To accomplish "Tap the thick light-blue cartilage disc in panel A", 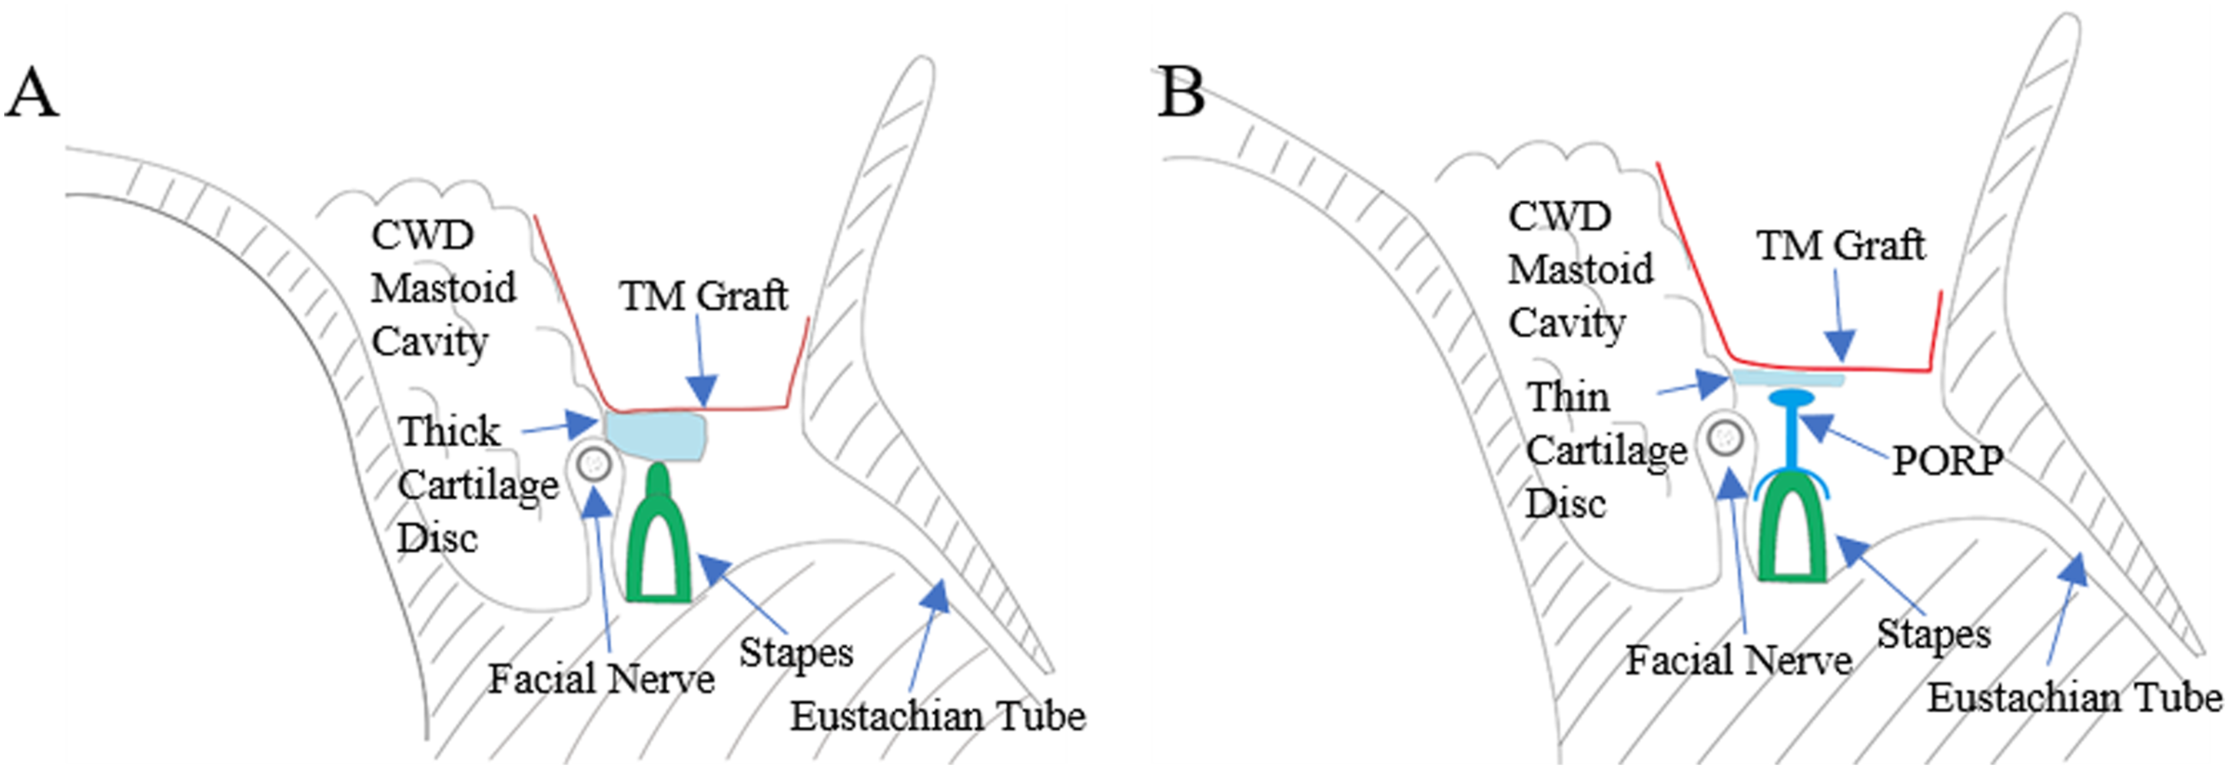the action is coord(656,436).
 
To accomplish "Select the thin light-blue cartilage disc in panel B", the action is coord(1788,378).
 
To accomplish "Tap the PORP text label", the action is coord(1947,460).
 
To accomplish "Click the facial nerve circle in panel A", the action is coord(594,465).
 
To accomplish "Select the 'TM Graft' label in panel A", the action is coord(703,296).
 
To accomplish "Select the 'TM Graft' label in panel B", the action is coord(1841,246).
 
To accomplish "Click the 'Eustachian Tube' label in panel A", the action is coord(938,716).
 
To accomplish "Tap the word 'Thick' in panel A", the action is coord(449,431).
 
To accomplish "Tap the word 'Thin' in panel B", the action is coord(1568,397).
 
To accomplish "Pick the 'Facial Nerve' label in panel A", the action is coord(601,679).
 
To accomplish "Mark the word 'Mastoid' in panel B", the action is coord(1581,269).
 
